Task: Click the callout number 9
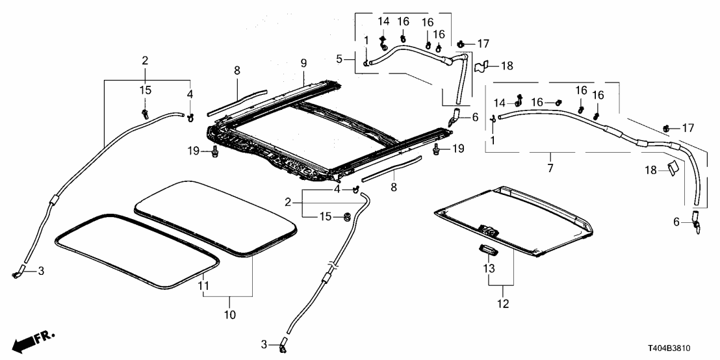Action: [303, 63]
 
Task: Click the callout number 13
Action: [489, 268]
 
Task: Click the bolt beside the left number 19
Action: [214, 154]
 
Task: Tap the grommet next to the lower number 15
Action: [346, 216]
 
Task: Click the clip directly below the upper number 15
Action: [144, 114]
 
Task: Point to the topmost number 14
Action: [383, 21]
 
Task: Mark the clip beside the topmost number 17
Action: [460, 44]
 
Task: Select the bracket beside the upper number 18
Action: [481, 66]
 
